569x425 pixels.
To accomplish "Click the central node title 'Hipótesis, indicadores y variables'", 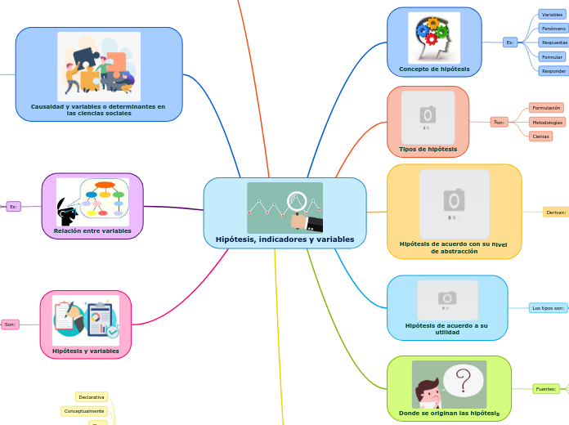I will [284, 239].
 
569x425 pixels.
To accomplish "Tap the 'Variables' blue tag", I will [553, 15].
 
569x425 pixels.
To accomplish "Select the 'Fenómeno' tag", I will [553, 29].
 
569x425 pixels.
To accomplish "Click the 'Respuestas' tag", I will [554, 42].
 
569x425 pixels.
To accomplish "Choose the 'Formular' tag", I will [553, 57].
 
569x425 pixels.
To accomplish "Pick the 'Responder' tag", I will [553, 71].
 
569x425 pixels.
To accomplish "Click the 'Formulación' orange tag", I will [546, 108].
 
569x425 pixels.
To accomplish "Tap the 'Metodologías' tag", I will [547, 122].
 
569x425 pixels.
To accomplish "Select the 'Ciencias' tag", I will [540, 136].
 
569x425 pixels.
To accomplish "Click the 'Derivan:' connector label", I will [556, 212].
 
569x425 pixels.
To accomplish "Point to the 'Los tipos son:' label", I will [548, 308].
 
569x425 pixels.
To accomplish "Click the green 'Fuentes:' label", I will [545, 389].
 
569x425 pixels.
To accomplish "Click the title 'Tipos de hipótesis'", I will [428, 150].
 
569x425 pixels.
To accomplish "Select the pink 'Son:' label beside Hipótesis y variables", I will [10, 324].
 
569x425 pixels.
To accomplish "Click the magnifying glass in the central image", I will [297, 199].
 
